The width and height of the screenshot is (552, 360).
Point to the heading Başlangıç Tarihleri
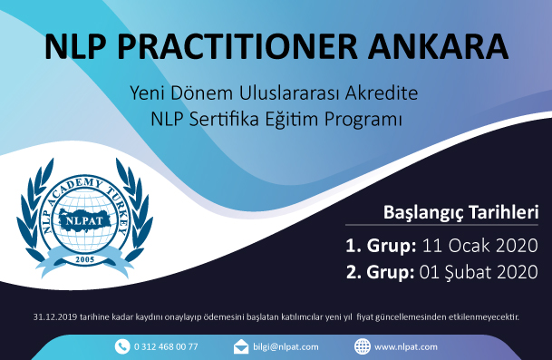(x=461, y=213)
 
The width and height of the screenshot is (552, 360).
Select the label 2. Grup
(x=378, y=271)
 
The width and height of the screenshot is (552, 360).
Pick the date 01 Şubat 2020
(x=479, y=271)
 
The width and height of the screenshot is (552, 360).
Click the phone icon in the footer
(x=121, y=346)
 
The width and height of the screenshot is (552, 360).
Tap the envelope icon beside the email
(x=241, y=346)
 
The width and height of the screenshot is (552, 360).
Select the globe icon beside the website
(x=362, y=346)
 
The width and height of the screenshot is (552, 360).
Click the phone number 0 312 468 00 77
(x=166, y=346)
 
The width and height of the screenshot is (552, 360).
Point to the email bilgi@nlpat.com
(x=285, y=346)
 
